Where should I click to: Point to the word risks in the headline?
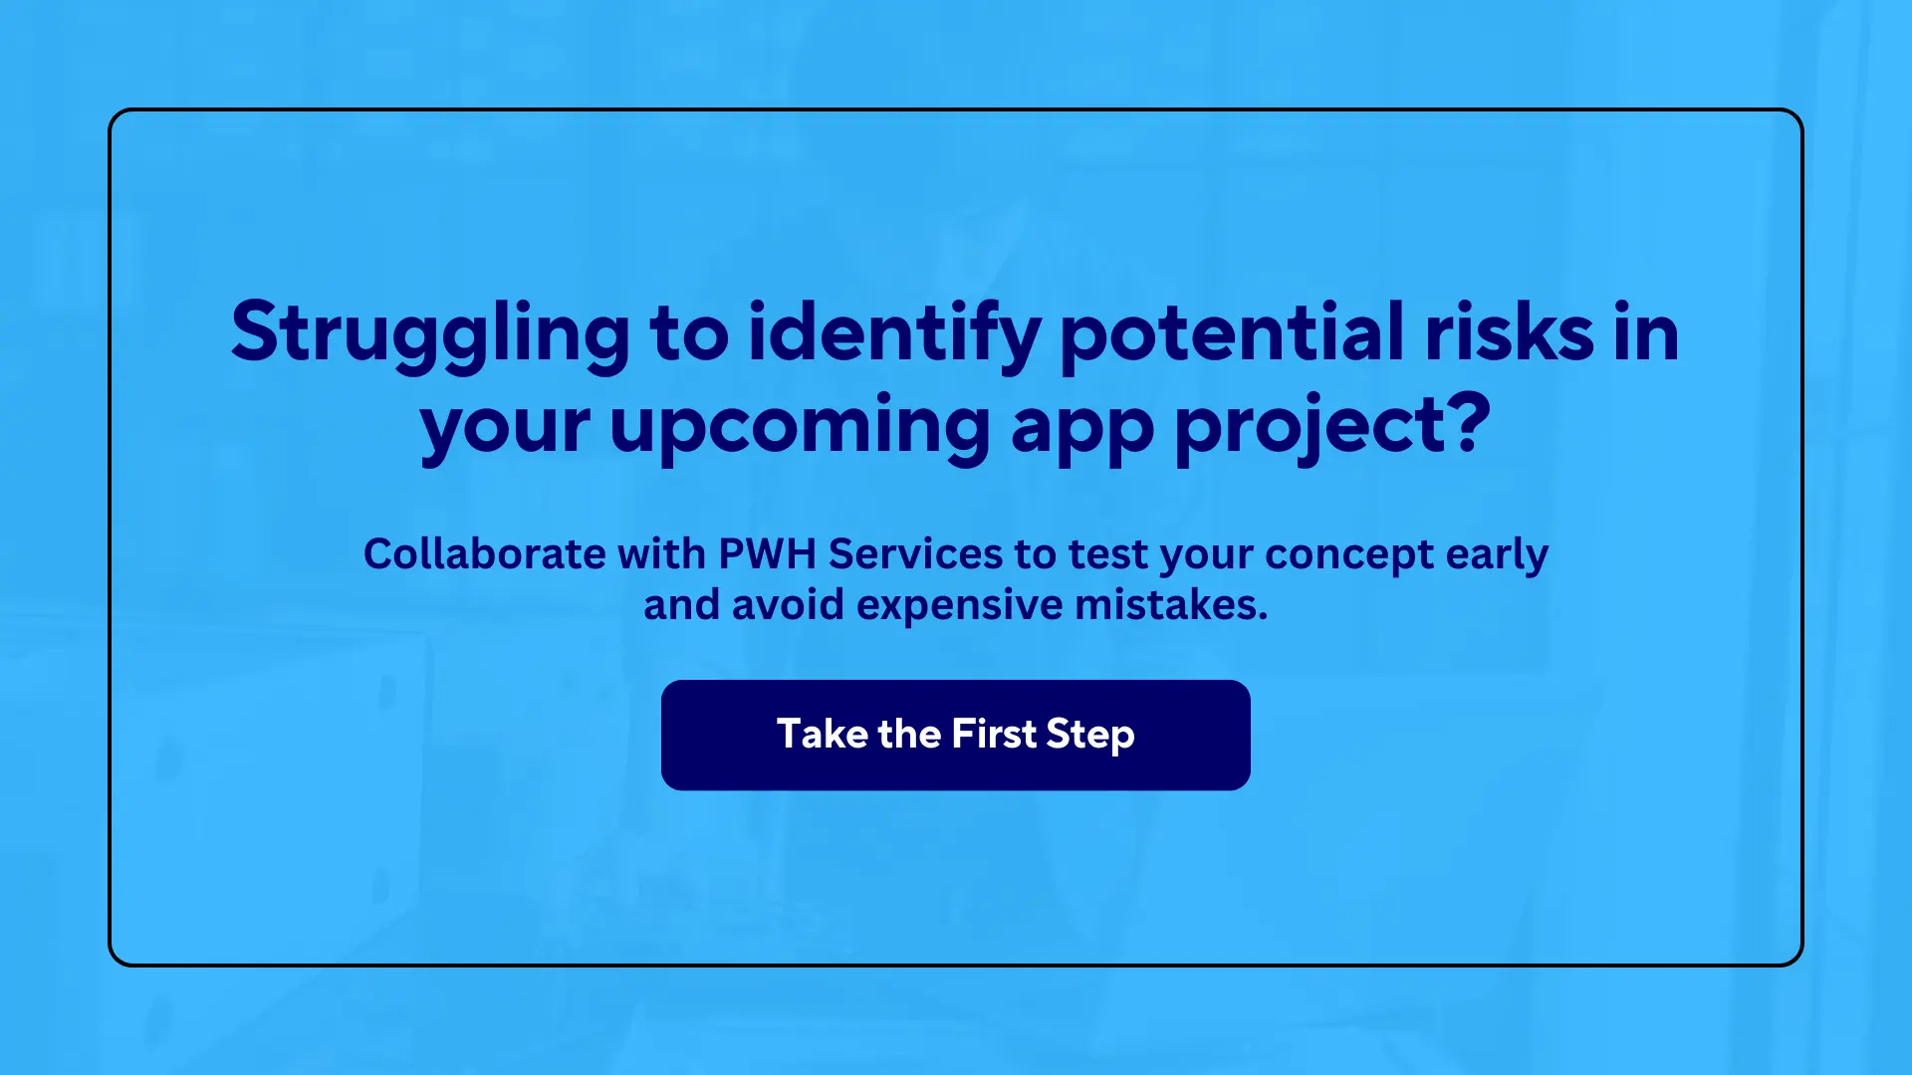1509,333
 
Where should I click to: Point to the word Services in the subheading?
915,553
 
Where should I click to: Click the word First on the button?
994,735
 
